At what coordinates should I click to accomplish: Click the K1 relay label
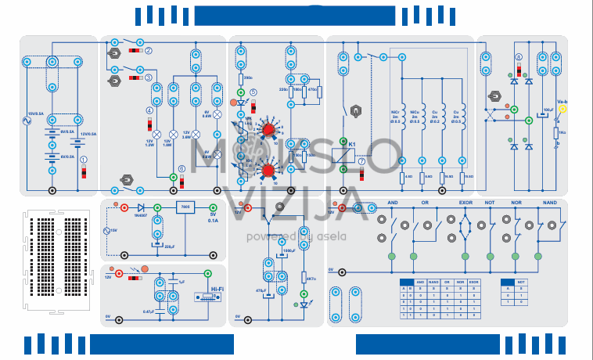point(353,145)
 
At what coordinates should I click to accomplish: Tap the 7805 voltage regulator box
point(185,207)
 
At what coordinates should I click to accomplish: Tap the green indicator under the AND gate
point(392,256)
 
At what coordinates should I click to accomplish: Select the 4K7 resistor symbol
point(304,278)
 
